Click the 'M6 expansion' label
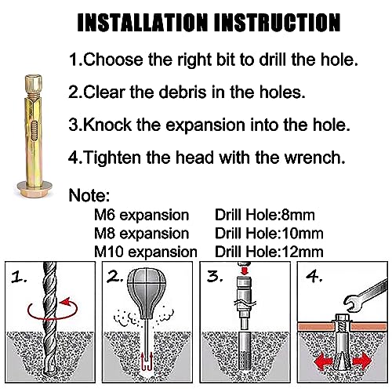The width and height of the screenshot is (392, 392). click(x=142, y=215)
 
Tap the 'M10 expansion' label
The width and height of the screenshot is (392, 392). click(x=145, y=251)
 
